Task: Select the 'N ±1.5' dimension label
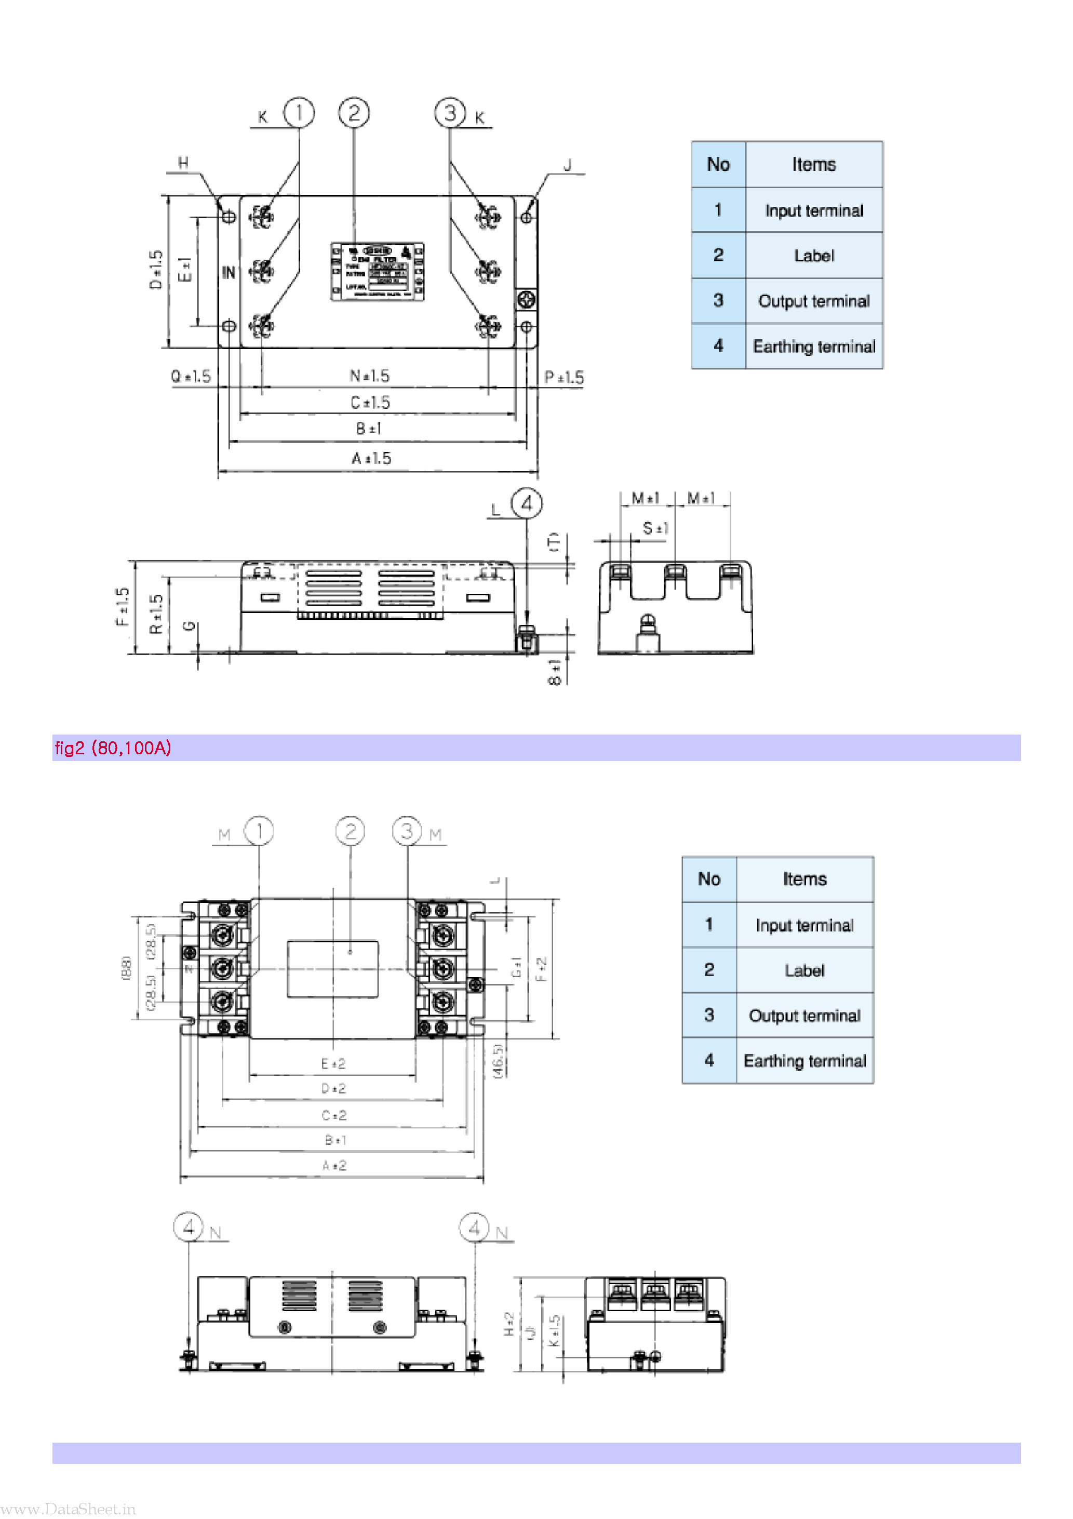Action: point(369,376)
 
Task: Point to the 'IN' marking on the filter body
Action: point(228,272)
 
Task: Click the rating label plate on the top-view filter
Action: point(377,271)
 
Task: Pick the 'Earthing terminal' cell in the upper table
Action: point(814,347)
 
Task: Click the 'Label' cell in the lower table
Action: point(804,970)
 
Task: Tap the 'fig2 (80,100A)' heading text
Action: point(113,748)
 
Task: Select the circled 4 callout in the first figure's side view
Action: point(527,504)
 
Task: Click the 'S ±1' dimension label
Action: point(655,528)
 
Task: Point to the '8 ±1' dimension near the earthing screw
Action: point(554,672)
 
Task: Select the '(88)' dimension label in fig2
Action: point(126,967)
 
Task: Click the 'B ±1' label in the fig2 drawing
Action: point(335,1140)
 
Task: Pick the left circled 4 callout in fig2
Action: point(189,1227)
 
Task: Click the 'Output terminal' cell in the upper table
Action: point(814,301)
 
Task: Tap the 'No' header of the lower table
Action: point(708,880)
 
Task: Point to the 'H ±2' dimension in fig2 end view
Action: point(509,1323)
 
